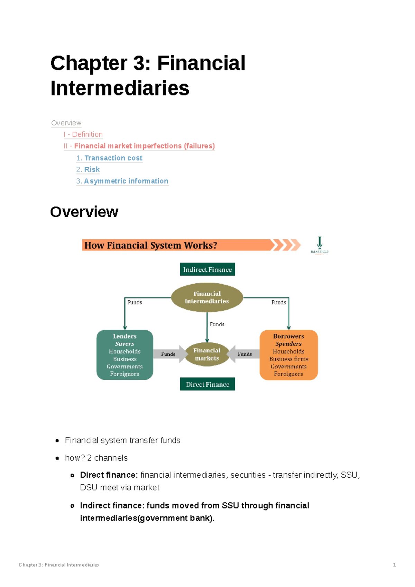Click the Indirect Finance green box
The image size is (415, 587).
click(207, 269)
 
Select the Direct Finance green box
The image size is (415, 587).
click(207, 384)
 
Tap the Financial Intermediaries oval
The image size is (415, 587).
click(207, 297)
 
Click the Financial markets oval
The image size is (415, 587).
click(207, 355)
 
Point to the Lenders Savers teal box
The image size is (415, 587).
click(124, 355)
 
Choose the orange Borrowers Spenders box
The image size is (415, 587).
click(288, 355)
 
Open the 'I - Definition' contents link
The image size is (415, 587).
click(83, 134)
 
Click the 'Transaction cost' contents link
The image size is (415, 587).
click(113, 158)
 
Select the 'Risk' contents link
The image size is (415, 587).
click(92, 169)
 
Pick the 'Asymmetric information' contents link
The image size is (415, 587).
click(126, 181)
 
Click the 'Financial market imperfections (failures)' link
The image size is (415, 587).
click(144, 146)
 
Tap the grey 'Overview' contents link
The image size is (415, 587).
click(66, 123)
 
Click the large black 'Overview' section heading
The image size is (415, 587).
click(84, 212)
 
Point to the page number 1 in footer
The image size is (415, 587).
click(394, 565)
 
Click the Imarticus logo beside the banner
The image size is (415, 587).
click(320, 245)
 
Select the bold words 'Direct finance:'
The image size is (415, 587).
click(109, 475)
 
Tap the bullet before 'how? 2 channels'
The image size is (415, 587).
click(57, 458)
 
